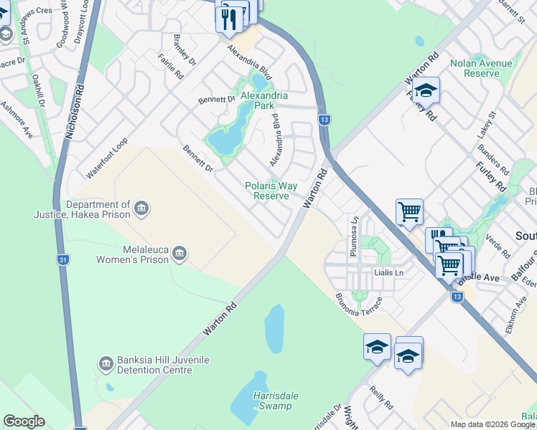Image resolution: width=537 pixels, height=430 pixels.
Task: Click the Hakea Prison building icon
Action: coord(141,208)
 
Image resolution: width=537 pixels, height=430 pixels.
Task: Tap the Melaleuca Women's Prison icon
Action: coord(179,252)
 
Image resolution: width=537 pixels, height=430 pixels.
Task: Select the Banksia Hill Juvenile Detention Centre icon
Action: coord(106,364)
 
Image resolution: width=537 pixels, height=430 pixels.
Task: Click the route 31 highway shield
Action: coord(64,260)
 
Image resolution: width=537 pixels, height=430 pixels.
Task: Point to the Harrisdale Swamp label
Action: coord(275,401)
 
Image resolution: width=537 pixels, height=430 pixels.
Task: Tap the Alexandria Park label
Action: coord(264,100)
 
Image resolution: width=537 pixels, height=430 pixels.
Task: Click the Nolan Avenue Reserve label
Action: coord(481,68)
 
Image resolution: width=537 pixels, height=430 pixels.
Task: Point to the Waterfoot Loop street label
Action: coord(107,158)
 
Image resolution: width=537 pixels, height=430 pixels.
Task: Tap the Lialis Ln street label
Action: coord(389,273)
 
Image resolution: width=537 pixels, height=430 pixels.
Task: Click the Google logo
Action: coord(24,421)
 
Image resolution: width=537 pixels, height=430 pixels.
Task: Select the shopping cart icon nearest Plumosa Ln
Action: coord(409,211)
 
